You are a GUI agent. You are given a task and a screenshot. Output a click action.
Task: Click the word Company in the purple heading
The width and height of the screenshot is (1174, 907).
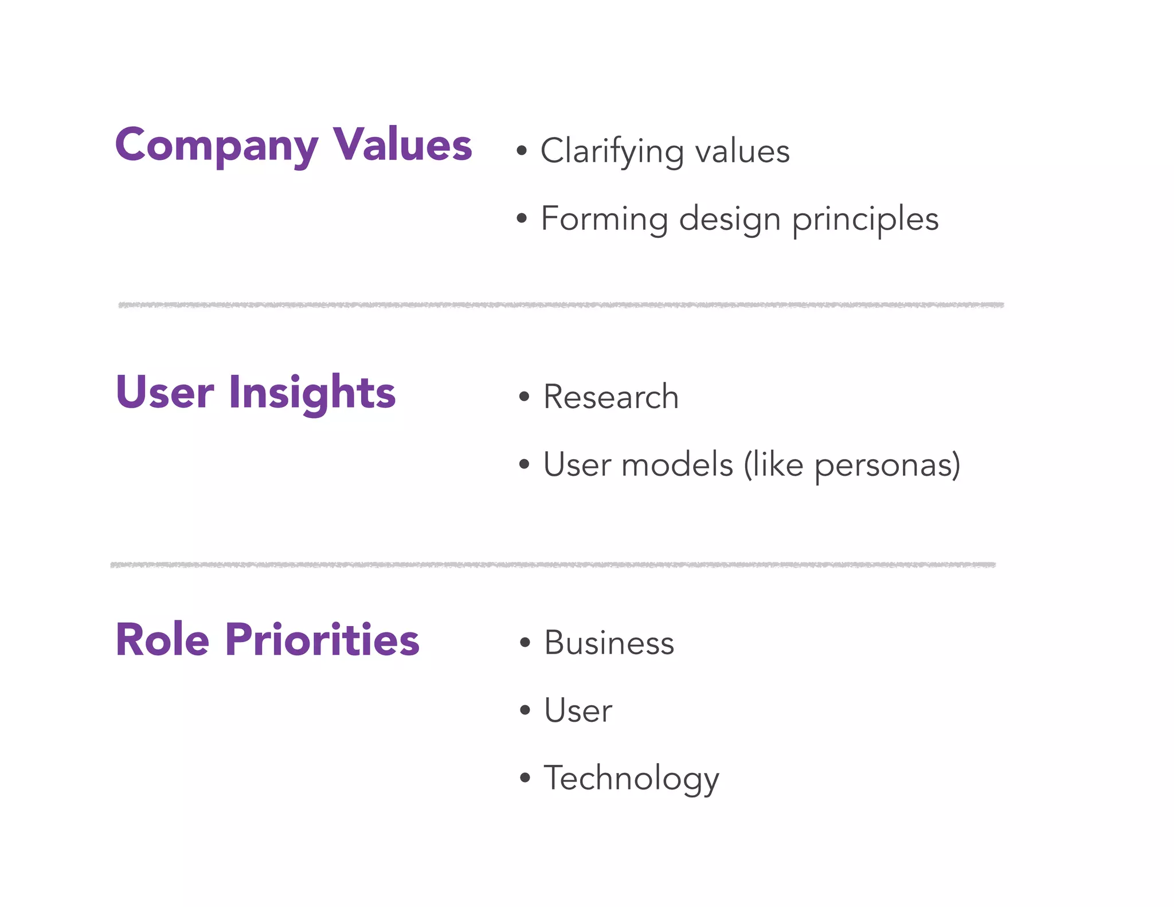216,146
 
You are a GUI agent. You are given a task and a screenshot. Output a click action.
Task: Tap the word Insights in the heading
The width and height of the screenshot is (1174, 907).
312,393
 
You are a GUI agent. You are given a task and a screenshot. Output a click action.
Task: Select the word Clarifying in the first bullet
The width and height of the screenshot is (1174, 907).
612,152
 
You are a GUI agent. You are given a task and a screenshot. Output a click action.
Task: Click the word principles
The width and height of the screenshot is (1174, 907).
865,220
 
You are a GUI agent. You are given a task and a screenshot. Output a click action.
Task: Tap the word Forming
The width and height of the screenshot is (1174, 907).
604,220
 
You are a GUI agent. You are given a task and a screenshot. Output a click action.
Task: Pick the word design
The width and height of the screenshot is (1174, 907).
729,220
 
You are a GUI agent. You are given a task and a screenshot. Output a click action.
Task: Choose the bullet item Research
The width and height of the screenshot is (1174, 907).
611,397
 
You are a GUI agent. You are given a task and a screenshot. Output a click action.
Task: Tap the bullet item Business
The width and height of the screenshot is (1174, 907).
609,643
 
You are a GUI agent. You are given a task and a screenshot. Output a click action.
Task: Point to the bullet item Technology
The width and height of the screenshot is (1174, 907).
631,779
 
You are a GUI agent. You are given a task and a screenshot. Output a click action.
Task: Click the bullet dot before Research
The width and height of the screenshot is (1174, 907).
523,397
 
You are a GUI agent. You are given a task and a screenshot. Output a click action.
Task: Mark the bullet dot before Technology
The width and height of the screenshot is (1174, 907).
525,778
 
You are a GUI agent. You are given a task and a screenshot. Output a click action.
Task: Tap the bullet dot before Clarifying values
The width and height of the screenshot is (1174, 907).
521,151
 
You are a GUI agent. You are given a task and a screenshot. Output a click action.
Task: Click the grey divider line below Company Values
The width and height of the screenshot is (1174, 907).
561,305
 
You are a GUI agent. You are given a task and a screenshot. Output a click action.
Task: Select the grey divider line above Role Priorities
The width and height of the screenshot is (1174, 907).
553,565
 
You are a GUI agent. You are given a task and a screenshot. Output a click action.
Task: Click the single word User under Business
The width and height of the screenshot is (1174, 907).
578,711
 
